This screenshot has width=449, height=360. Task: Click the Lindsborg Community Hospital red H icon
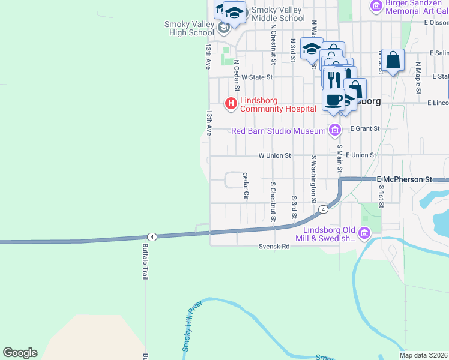coord(231,104)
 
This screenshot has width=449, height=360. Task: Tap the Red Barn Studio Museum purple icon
coord(335,130)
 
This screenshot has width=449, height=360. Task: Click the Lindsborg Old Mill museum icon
coord(364,233)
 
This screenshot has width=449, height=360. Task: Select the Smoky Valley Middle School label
coord(278,14)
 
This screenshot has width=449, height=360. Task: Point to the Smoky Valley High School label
coord(189,28)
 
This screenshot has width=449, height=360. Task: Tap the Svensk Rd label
coord(274,247)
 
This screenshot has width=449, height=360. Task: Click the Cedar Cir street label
coord(245,186)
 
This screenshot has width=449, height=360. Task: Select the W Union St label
coord(274,155)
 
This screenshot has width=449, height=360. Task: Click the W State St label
coord(257,77)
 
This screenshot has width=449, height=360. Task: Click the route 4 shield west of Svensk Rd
coord(152,237)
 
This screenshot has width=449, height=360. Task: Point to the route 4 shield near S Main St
coord(323,209)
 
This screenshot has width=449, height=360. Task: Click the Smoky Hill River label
coord(190,328)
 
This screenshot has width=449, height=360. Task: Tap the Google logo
coord(20,353)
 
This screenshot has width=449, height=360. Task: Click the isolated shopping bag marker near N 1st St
coord(393,61)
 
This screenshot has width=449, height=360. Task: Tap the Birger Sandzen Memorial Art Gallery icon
coord(376,6)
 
